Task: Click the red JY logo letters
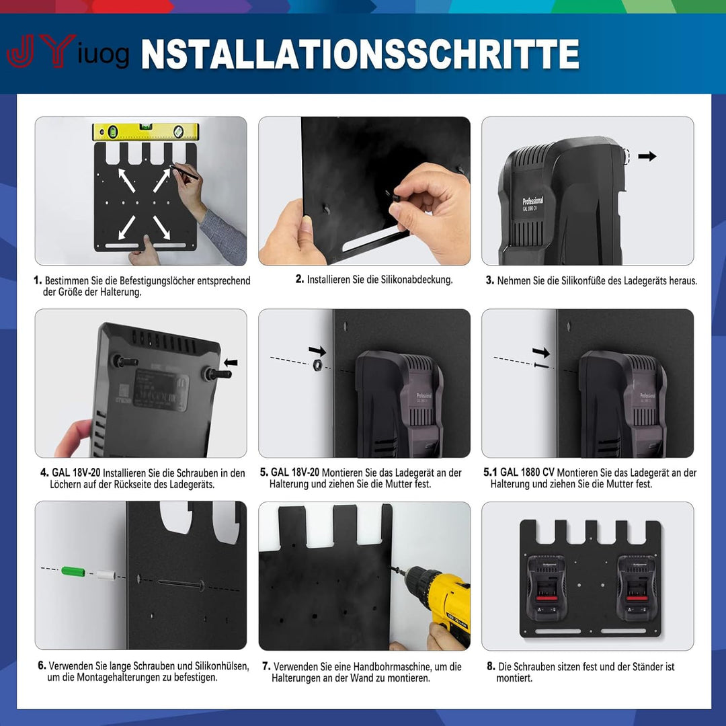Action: pyautogui.click(x=41, y=51)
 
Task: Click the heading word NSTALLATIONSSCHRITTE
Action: pyautogui.click(x=360, y=54)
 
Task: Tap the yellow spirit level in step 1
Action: pyautogui.click(x=145, y=132)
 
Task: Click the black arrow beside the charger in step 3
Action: pyautogui.click(x=647, y=156)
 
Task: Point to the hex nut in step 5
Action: pyautogui.click(x=318, y=365)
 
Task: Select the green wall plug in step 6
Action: pyautogui.click(x=73, y=571)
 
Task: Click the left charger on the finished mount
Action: pyautogui.click(x=547, y=588)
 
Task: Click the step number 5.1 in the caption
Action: pyautogui.click(x=490, y=473)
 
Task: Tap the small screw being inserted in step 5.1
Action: pyautogui.click(x=542, y=366)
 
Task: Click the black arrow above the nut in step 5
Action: pyautogui.click(x=317, y=351)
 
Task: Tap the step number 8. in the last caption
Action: pyautogui.click(x=491, y=666)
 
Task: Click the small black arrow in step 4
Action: pyautogui.click(x=231, y=362)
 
